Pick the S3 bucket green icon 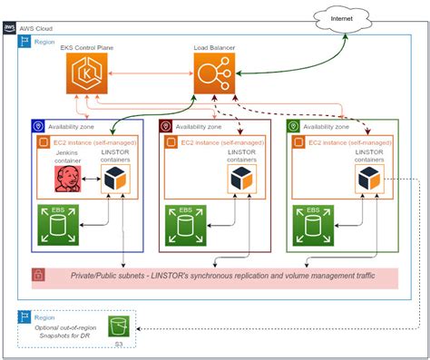116,325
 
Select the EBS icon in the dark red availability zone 185,224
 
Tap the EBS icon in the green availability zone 312,224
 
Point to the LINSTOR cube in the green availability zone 366,180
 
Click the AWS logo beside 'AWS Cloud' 9,28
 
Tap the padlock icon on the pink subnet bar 39,275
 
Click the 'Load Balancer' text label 215,46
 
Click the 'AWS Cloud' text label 37,28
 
